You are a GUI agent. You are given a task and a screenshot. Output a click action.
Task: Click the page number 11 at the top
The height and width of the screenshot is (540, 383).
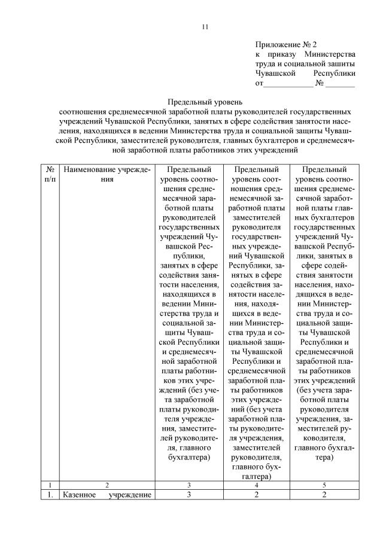[205, 27]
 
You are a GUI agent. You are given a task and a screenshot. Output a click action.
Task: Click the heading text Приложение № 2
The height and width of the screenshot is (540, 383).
[285, 44]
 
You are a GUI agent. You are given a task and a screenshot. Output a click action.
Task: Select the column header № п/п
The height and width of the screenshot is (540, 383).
[51, 174]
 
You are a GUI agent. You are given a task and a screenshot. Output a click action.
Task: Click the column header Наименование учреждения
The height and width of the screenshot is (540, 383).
[107, 174]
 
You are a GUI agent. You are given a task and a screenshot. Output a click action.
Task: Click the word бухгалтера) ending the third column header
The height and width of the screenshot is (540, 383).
[189, 457]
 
